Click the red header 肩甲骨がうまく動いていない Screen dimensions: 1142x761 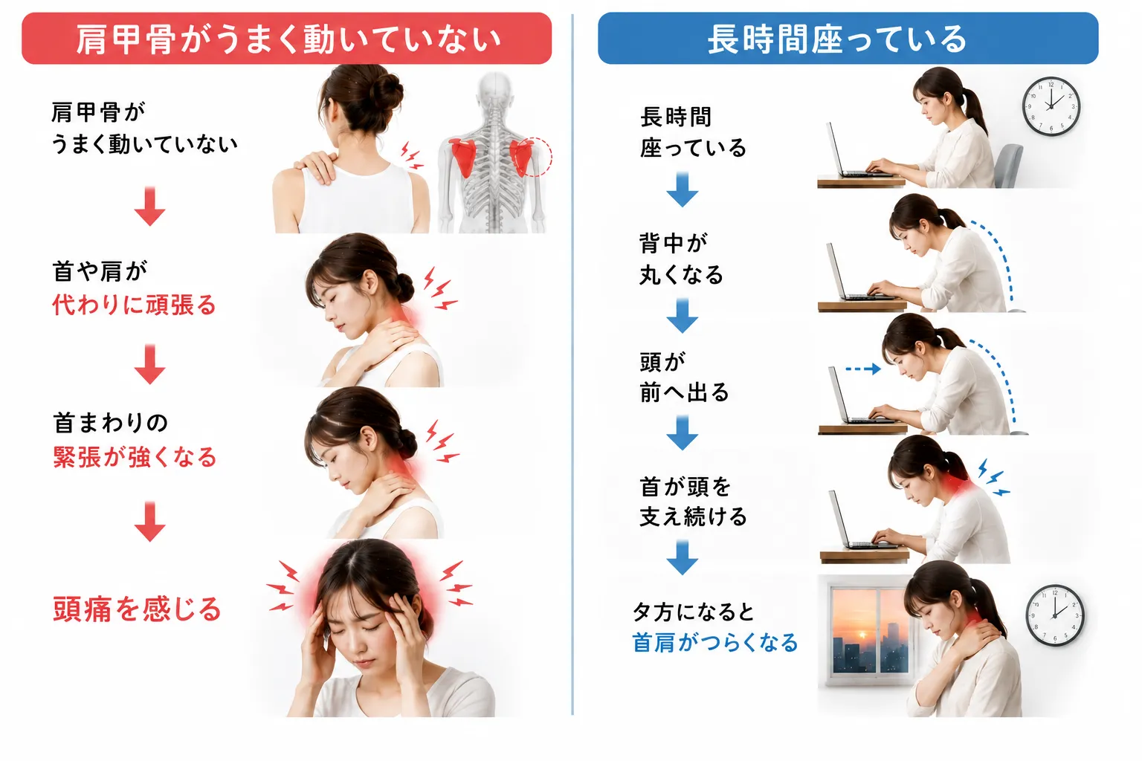tap(286, 39)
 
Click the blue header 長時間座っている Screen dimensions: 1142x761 tap(848, 39)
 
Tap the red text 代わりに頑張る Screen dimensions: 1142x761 tap(135, 305)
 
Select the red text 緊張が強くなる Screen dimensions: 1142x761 tap(135, 457)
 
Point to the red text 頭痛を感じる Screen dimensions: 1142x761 tap(137, 609)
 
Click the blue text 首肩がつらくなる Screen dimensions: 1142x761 tap(714, 642)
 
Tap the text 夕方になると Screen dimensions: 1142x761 tap(694, 612)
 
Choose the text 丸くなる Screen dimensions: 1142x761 tap(682, 275)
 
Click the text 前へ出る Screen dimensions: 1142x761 tap(684, 392)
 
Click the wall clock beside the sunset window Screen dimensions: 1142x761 tap(1054, 615)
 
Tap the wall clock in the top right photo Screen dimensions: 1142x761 tap(1051, 106)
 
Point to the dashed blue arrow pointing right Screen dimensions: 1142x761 tap(863, 369)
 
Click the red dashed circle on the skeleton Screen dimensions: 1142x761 tap(535, 157)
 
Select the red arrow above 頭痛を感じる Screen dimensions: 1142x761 tap(149, 522)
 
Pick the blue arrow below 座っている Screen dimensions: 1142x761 tap(682, 190)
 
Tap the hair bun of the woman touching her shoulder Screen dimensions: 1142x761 tap(387, 94)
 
